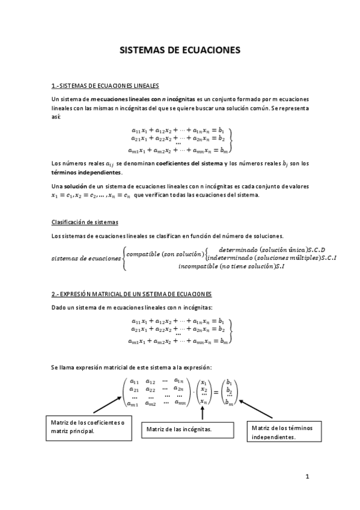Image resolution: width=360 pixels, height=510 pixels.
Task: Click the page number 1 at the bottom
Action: click(307, 477)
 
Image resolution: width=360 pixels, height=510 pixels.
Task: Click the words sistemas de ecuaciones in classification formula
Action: click(86, 258)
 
